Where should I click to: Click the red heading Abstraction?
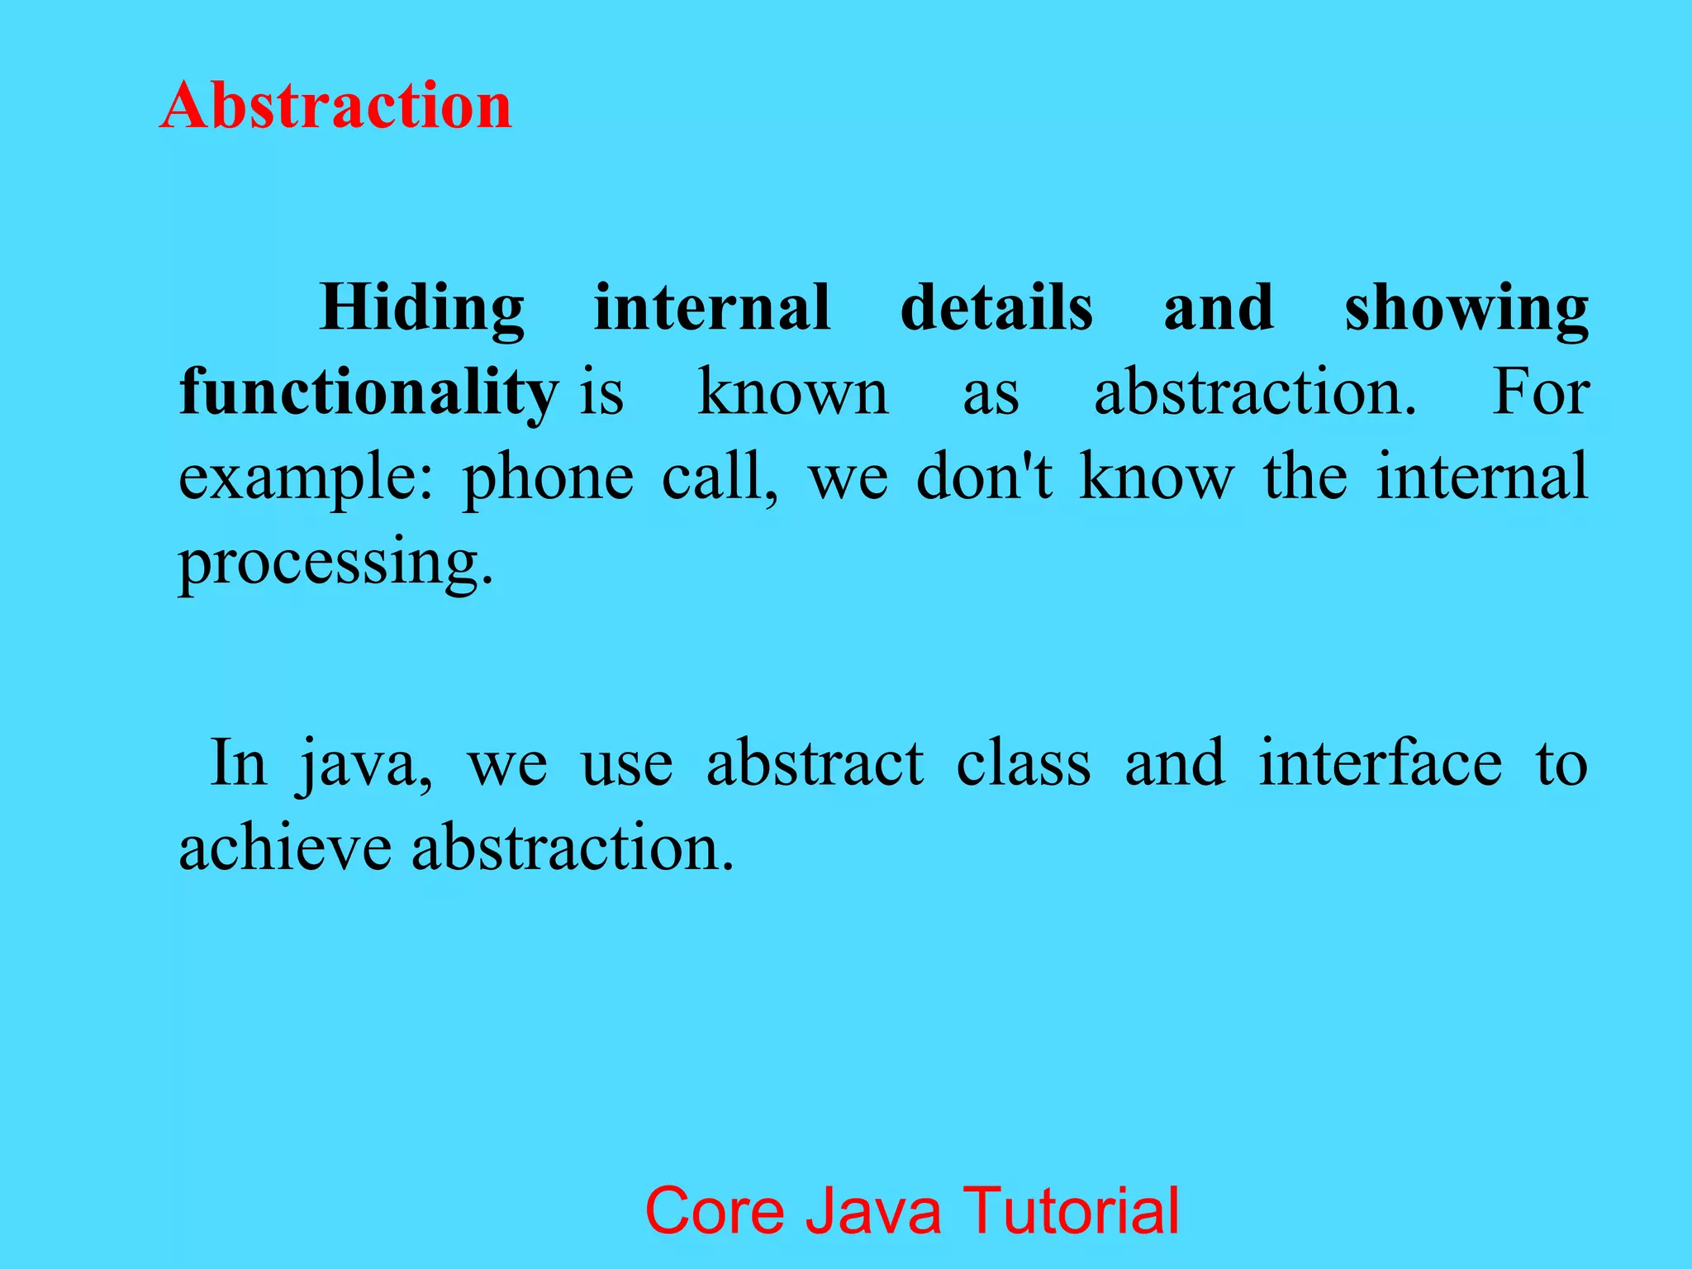335,106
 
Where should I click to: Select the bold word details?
996,307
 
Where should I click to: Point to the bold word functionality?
368,393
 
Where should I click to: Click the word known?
793,392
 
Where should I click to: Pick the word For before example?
1540,392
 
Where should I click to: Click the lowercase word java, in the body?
366,765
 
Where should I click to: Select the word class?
1024,763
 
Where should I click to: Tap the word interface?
1380,763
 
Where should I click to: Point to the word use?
627,765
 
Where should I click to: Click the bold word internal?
711,307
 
